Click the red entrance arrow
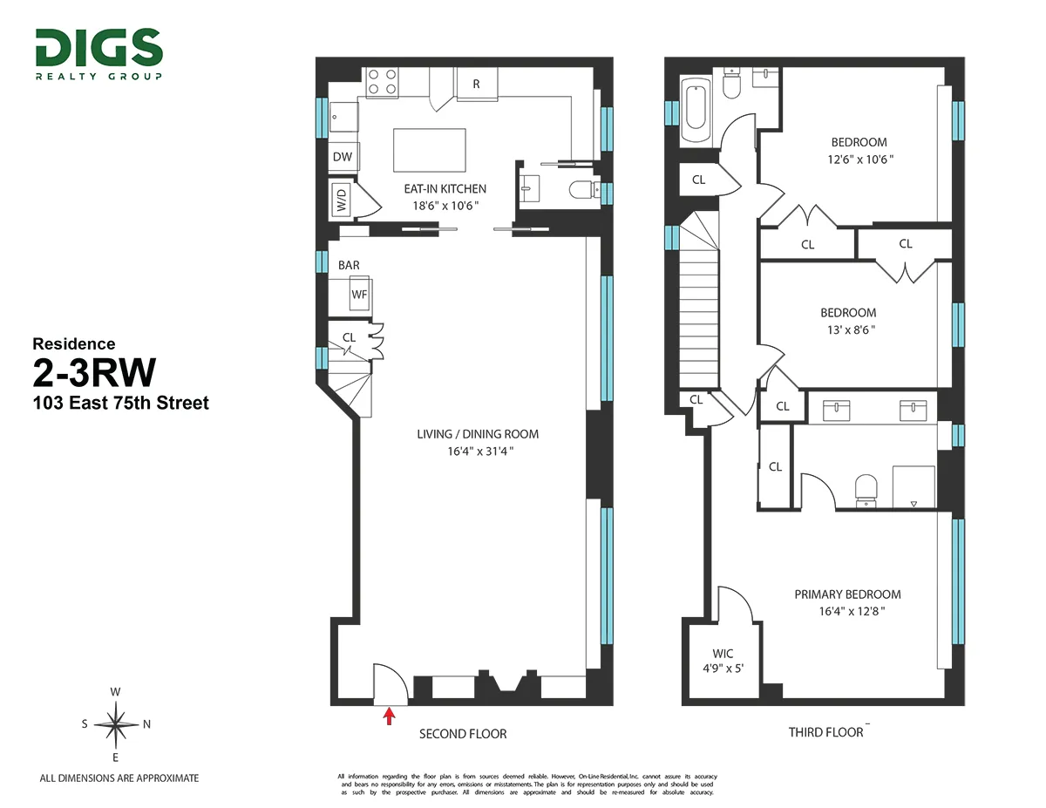pos(390,716)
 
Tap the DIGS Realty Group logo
pos(98,53)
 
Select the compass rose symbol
pos(115,723)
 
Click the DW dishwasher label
pos(343,157)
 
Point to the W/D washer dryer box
pos(341,202)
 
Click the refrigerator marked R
pos(476,85)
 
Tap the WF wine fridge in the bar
pos(359,295)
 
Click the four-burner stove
pos(382,82)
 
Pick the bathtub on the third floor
pos(696,112)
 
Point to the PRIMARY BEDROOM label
pos(847,594)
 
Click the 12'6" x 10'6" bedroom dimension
pos(859,160)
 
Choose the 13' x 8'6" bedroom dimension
pos(847,329)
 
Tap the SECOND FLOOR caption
pos(463,734)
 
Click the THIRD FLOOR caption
pos(825,732)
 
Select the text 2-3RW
pos(94,374)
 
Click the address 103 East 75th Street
pos(120,404)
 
